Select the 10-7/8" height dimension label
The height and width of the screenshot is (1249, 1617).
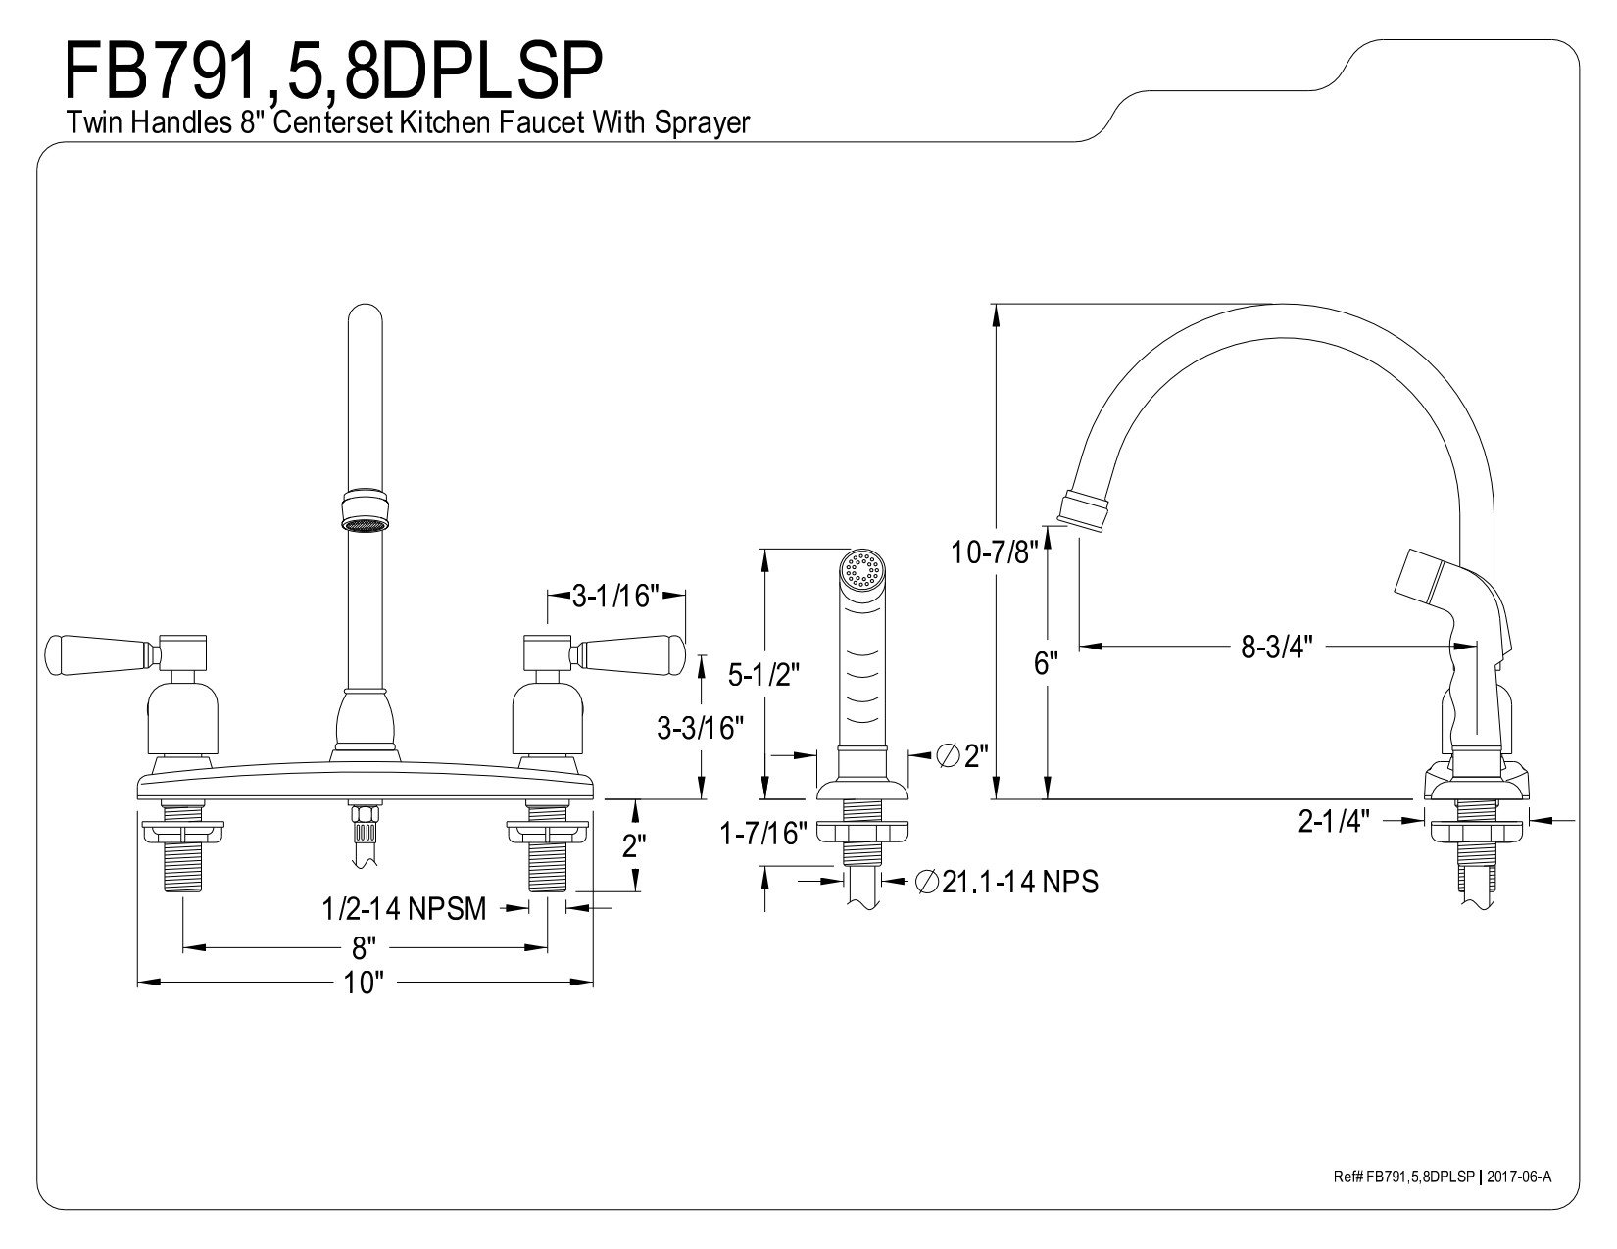(994, 552)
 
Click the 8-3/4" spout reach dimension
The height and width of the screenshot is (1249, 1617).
(1276, 647)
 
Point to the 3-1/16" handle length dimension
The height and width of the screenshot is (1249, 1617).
(616, 596)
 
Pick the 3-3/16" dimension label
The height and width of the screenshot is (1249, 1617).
(701, 728)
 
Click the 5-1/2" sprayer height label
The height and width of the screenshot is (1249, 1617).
(763, 675)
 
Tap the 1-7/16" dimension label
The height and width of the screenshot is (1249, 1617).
(763, 834)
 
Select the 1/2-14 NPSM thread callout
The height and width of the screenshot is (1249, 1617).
(404, 908)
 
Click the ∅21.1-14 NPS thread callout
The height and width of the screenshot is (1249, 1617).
(1007, 882)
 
